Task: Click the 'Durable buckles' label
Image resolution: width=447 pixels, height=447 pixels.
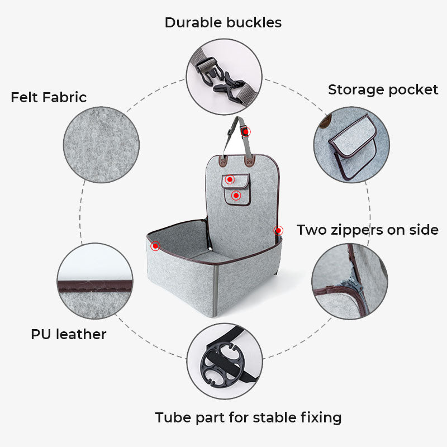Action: point(223,22)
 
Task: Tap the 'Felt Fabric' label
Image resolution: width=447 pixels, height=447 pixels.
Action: point(49,97)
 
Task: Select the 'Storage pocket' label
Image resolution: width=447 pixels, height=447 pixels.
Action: point(383,90)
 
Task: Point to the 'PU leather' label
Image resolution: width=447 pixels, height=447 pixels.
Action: point(68,334)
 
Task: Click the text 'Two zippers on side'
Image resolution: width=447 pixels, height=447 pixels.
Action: point(368,230)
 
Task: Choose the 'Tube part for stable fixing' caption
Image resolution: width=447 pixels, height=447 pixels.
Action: point(248,418)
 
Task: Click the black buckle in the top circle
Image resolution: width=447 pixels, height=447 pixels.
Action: point(220,78)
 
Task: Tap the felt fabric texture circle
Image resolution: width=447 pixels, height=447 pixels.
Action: point(101,145)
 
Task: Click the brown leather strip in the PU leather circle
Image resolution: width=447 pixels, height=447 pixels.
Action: point(95,286)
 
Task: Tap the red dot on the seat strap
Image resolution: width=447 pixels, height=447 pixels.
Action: point(245,132)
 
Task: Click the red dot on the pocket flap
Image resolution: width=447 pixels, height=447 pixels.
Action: point(230,179)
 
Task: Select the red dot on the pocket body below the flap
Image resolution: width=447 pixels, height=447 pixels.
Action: point(236,196)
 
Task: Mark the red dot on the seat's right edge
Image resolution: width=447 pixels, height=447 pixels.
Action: point(278,230)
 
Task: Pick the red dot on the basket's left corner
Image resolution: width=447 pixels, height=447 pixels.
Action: point(155,246)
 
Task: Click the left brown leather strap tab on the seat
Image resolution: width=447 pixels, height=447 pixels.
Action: point(222,161)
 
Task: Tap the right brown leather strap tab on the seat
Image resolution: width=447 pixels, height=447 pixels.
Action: point(249,161)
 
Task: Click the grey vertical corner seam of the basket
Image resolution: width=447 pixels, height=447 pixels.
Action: point(216,291)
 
